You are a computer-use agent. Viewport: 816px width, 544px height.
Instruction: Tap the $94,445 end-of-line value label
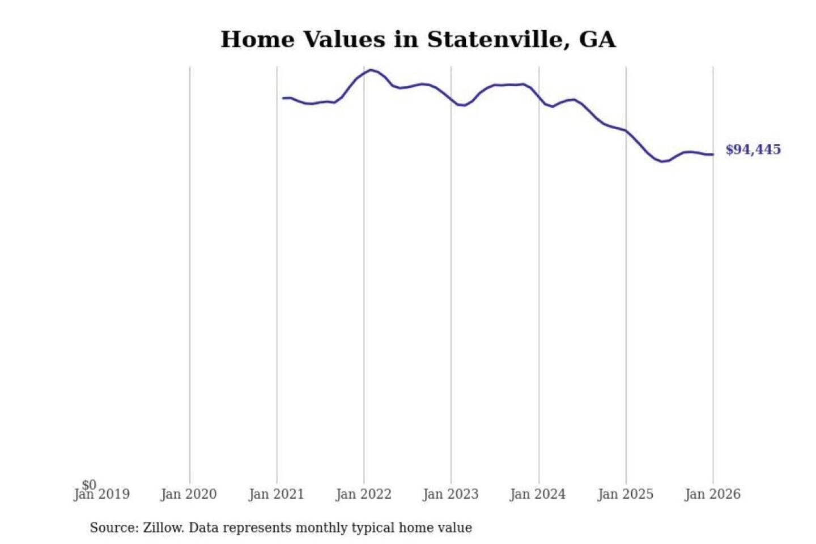click(753, 150)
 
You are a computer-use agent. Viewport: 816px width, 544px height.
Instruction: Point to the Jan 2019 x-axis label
click(102, 495)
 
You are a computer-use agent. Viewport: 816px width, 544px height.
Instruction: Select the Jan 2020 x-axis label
click(189, 495)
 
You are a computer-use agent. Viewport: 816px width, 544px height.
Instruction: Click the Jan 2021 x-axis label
click(277, 495)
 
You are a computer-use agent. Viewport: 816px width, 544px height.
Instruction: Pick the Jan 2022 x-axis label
click(364, 495)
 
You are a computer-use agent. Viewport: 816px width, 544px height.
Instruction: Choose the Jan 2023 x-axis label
click(451, 495)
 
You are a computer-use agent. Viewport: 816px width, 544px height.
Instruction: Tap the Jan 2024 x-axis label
click(538, 495)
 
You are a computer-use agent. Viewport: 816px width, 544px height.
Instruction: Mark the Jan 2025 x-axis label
click(626, 495)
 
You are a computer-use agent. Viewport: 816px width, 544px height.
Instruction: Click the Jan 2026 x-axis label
click(713, 495)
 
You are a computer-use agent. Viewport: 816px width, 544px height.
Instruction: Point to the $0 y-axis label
click(89, 484)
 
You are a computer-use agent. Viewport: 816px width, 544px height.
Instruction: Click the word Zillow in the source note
click(163, 528)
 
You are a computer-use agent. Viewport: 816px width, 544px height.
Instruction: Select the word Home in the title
click(257, 40)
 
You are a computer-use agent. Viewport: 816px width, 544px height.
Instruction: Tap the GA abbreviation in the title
click(597, 40)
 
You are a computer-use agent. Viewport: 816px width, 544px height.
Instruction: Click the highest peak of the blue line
click(371, 70)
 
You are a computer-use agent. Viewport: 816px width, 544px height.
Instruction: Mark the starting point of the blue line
click(283, 98)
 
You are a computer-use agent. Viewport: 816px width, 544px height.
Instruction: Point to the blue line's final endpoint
click(713, 155)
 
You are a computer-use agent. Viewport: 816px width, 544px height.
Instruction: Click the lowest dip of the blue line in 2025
click(662, 161)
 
